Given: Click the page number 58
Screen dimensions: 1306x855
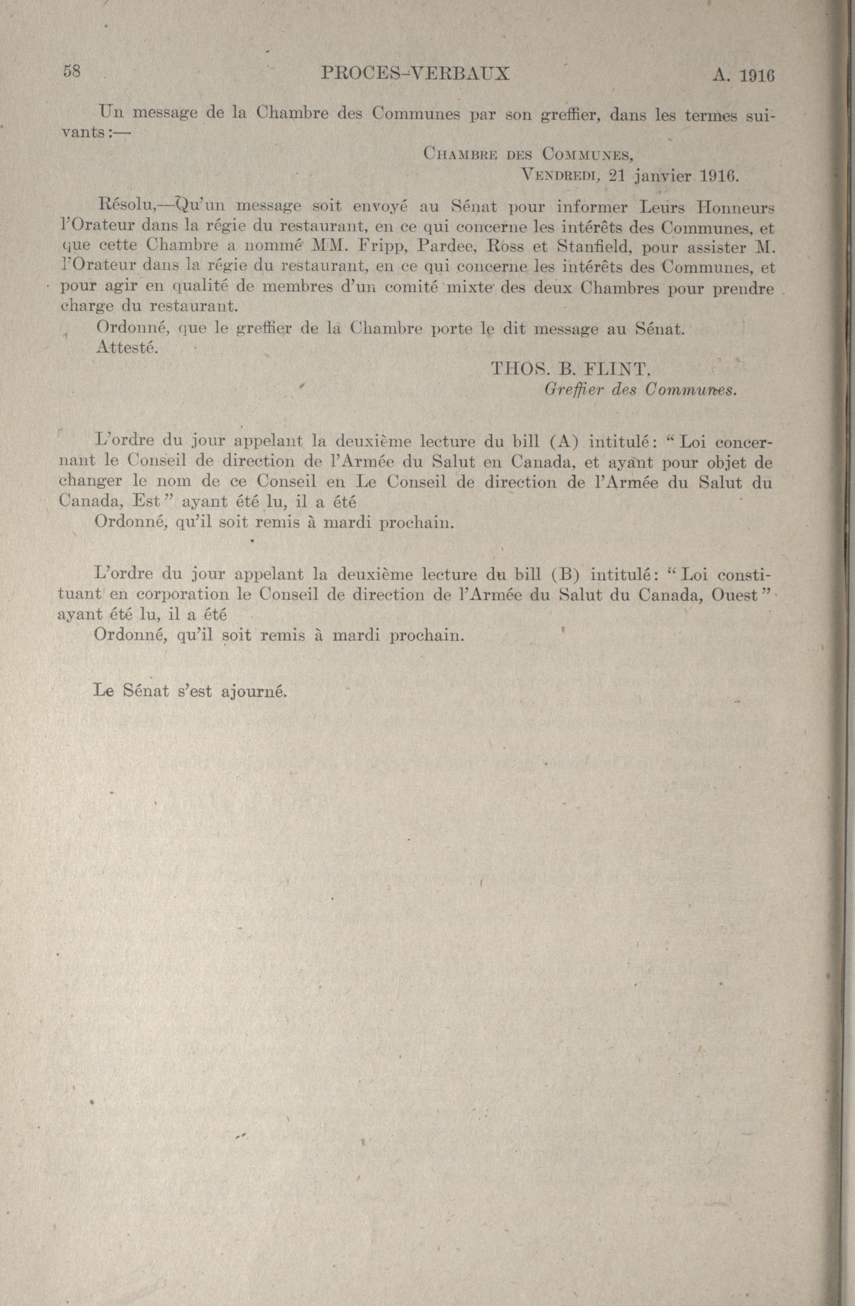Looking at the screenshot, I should [x=72, y=71].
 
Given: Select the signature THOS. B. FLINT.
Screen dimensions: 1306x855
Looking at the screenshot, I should [x=570, y=368].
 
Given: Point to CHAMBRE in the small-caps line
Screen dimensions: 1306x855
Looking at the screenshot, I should [x=460, y=154].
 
